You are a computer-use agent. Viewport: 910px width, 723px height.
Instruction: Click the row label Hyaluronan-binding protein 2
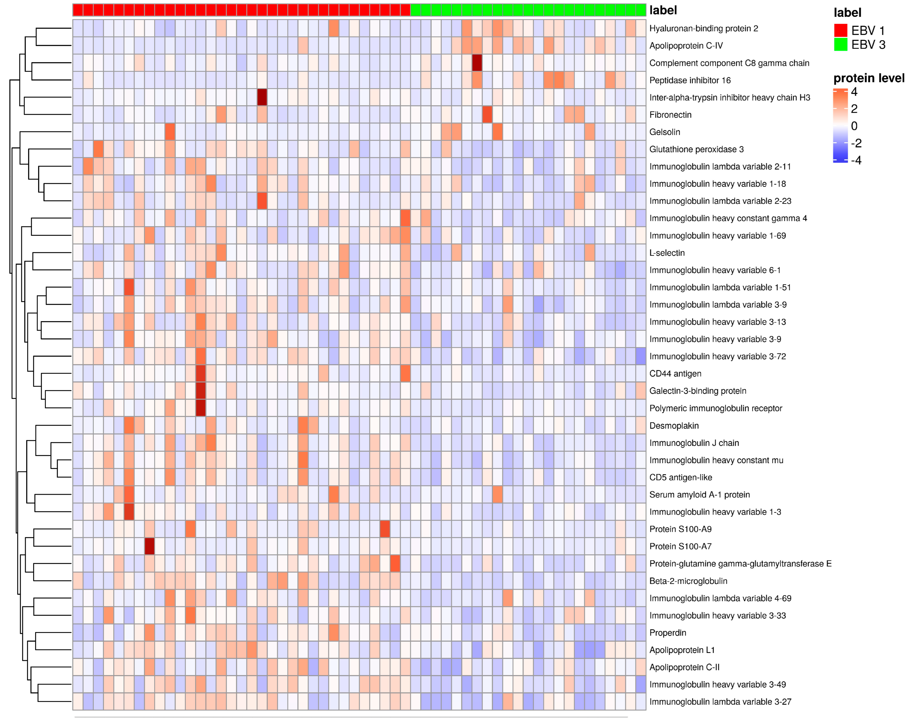tap(703, 28)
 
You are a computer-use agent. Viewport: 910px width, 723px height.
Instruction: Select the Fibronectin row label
tap(670, 115)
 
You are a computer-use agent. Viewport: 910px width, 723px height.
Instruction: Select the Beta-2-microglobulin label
tap(688, 581)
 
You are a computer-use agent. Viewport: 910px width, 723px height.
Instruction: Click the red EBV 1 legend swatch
tap(840, 30)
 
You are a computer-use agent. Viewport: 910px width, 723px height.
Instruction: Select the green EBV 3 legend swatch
tap(840, 44)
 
